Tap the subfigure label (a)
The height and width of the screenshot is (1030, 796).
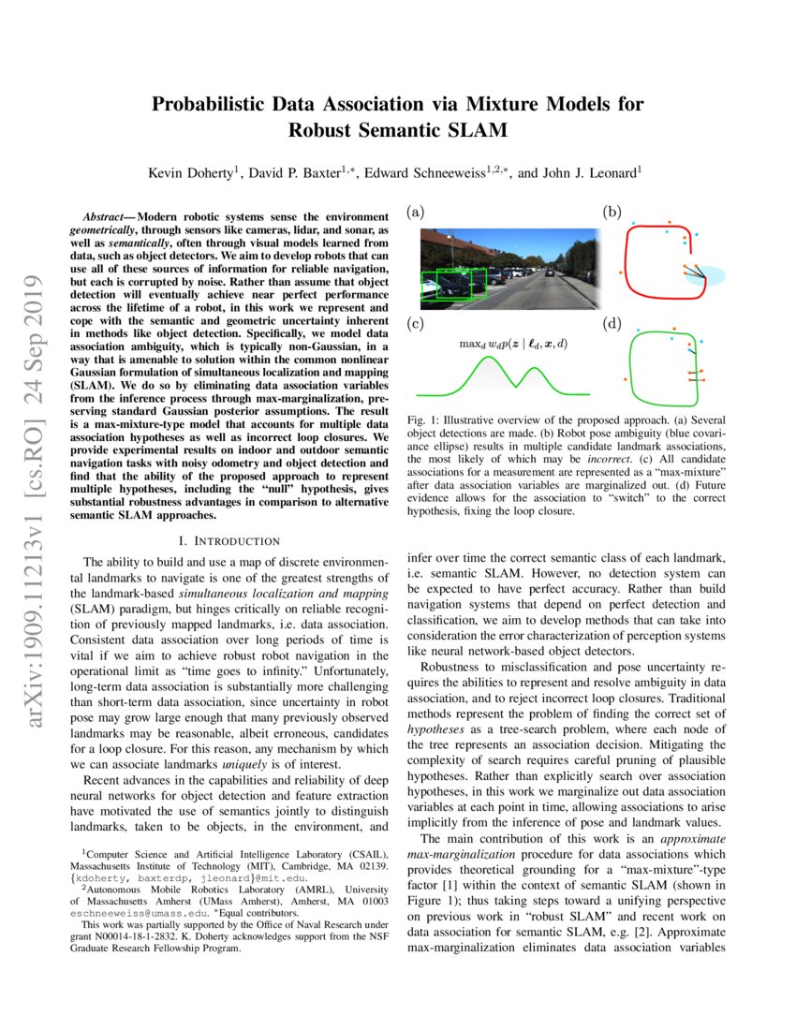[415, 213]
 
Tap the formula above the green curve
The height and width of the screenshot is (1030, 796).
[512, 344]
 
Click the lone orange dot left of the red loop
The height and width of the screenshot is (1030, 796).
[621, 272]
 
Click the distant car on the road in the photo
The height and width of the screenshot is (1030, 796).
[551, 273]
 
